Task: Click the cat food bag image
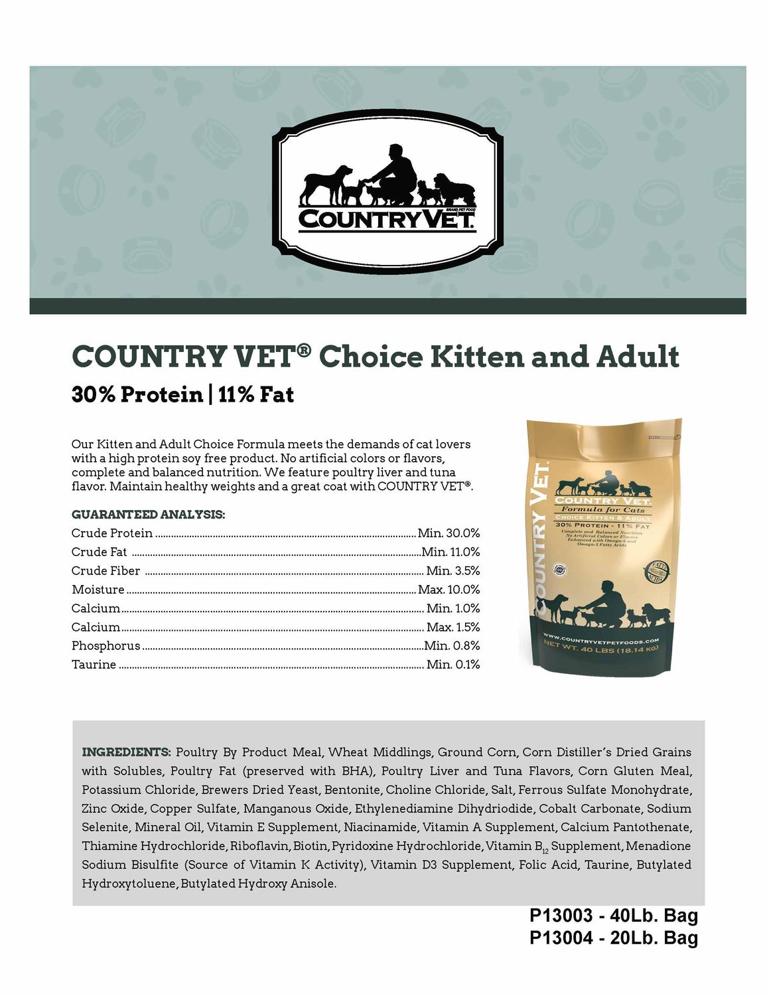(601, 544)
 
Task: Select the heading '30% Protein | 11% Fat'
(182, 394)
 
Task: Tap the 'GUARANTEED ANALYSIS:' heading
(148, 515)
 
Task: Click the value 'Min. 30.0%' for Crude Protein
(449, 533)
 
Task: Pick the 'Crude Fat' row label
(99, 552)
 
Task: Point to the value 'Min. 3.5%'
(453, 570)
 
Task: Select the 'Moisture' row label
(98, 590)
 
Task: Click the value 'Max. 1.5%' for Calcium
(453, 627)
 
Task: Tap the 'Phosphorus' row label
(105, 645)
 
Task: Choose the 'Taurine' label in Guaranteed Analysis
(94, 664)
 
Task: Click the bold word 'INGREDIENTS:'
(126, 752)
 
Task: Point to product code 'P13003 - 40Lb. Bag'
(613, 916)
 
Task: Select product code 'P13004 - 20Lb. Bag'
(613, 938)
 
